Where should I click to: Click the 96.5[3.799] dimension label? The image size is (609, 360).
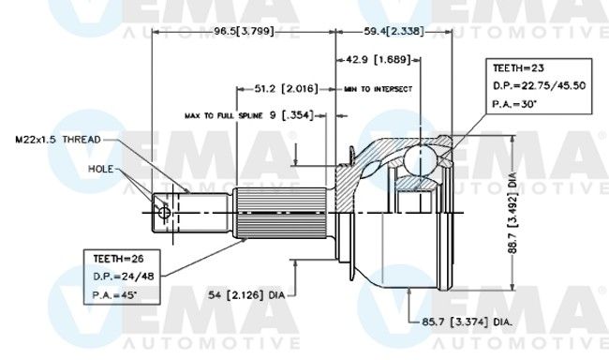[245, 31]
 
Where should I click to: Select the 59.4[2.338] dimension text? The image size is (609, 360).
[394, 31]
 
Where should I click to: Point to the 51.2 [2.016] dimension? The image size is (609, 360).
[287, 89]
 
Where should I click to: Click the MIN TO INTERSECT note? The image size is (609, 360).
[378, 89]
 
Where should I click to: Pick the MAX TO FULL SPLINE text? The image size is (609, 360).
[223, 116]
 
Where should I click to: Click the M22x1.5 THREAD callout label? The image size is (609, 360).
[58, 140]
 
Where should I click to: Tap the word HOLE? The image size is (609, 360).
[100, 169]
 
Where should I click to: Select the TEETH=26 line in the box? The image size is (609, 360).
[118, 259]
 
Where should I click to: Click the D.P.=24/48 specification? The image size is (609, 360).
[124, 277]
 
